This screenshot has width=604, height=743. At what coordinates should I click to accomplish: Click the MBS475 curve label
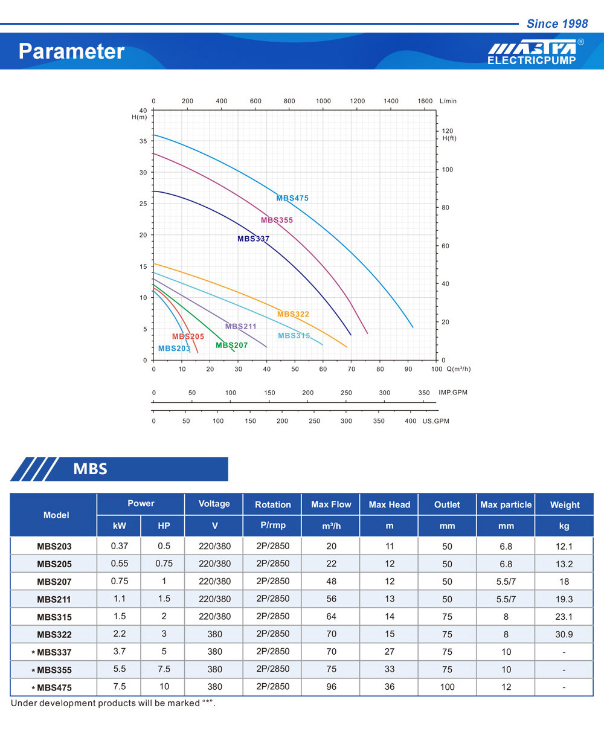(292, 198)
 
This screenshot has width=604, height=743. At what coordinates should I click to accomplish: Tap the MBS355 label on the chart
(277, 220)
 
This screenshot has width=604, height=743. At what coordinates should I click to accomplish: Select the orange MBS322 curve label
(293, 314)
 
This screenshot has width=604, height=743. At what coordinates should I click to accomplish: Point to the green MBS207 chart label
(232, 346)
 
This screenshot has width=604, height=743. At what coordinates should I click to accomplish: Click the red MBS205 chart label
(188, 336)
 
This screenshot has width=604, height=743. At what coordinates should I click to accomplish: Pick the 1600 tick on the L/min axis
(425, 101)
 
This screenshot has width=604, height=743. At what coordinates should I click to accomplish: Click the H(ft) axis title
(449, 138)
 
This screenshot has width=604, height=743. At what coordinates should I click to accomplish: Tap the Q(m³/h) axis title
(458, 368)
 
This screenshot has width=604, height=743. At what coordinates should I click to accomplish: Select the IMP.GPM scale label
(453, 393)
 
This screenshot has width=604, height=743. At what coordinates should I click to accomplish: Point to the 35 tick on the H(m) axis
(143, 141)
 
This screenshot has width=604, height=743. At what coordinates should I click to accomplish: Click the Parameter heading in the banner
(71, 51)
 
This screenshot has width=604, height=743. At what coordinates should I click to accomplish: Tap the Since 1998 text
(557, 24)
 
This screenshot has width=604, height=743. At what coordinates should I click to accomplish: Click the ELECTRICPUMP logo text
(532, 60)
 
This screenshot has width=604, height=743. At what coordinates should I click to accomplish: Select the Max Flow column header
(331, 504)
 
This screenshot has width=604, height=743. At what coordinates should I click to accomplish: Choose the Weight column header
(564, 505)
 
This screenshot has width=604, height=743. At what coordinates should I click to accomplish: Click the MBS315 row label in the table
(54, 617)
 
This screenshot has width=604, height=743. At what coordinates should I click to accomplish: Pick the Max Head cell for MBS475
(390, 687)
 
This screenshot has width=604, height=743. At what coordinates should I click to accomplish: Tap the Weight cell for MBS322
(564, 634)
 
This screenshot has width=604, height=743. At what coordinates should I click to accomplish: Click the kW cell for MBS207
(119, 581)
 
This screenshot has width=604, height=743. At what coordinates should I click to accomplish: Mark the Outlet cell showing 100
(447, 687)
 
